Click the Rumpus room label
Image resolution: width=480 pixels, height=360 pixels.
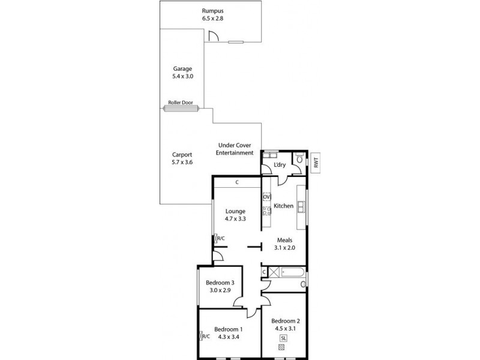[x=212, y=10]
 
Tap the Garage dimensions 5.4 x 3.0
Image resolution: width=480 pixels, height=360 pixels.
[x=182, y=77]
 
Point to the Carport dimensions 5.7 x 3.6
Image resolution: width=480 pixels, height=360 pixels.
[x=182, y=162]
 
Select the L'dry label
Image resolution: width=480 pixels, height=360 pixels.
[x=279, y=165]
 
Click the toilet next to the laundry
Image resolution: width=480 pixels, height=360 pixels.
[x=298, y=160]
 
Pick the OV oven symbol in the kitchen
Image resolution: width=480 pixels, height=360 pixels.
[x=267, y=197]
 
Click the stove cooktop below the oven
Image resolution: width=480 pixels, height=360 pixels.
[x=267, y=211]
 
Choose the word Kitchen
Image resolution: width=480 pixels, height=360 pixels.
[x=283, y=206]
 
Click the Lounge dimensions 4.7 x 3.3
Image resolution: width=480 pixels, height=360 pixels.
[x=236, y=219]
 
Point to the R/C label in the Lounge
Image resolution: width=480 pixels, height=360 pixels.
[x=220, y=239]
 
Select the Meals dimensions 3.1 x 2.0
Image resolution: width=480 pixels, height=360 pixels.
[x=284, y=247]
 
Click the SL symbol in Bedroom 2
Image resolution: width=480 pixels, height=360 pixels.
[x=283, y=339]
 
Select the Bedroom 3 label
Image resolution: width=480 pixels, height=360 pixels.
[x=220, y=283]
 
